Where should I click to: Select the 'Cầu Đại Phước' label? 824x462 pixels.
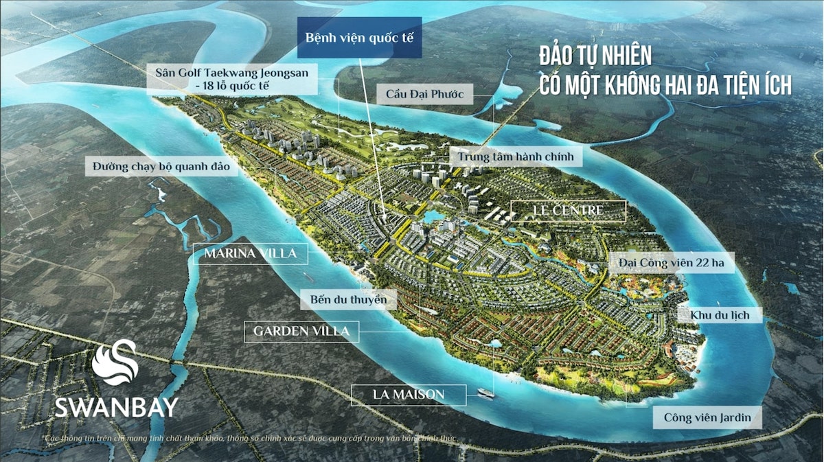point(424,94)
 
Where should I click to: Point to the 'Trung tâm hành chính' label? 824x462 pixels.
point(516,157)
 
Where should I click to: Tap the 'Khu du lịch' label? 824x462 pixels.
point(709,315)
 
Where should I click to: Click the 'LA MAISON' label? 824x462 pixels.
point(409,394)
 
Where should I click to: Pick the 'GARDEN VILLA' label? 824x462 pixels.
point(301,332)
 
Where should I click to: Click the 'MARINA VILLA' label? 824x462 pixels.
point(251,254)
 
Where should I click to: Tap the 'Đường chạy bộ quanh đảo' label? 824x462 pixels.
point(165,165)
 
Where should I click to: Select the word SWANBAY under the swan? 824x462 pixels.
point(116,407)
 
